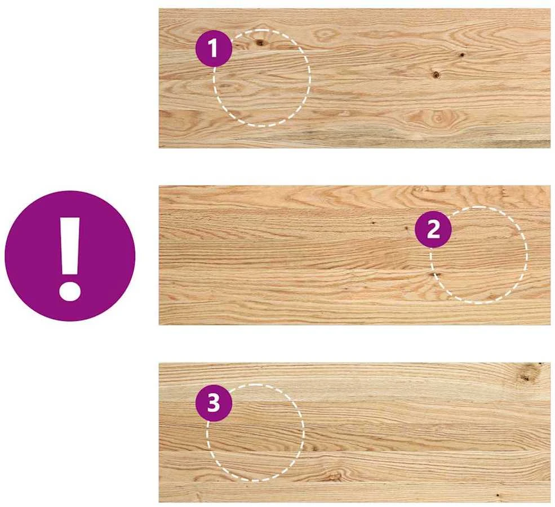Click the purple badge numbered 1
click(x=214, y=49)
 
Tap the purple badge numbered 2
click(x=433, y=230)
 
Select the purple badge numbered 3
click(x=214, y=403)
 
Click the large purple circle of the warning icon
click(x=70, y=256)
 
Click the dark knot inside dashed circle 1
click(x=260, y=43)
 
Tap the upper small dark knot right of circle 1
click(x=462, y=55)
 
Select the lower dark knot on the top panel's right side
click(x=436, y=74)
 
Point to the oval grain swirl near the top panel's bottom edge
click(x=439, y=118)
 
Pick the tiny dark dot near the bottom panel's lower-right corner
click(x=498, y=495)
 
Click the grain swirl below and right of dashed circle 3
click(x=335, y=475)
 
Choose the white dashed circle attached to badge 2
click(x=526, y=255)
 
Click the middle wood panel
click(x=354, y=255)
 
